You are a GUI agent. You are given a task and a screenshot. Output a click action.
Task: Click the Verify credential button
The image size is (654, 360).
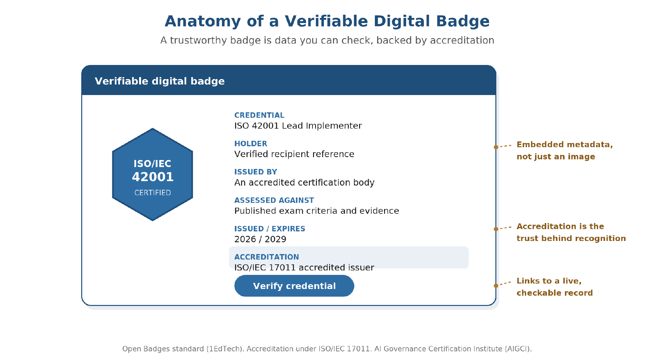pyautogui.click(x=294, y=286)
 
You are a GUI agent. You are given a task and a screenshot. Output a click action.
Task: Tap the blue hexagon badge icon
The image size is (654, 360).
pyautogui.click(x=153, y=174)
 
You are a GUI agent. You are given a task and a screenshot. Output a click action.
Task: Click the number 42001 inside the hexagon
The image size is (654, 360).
pyautogui.click(x=153, y=177)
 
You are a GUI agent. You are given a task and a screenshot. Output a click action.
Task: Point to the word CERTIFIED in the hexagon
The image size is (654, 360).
pyautogui.click(x=153, y=193)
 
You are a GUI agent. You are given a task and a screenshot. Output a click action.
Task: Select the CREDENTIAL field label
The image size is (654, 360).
pyautogui.click(x=259, y=115)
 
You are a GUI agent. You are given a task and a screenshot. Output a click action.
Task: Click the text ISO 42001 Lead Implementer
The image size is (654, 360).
pyautogui.click(x=298, y=126)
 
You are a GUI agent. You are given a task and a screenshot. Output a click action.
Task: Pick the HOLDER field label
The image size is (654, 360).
pyautogui.click(x=251, y=144)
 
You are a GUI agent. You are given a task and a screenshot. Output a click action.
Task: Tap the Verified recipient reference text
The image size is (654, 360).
pyautogui.click(x=294, y=154)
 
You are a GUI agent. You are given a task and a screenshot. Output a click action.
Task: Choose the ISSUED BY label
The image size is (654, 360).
pyautogui.click(x=256, y=172)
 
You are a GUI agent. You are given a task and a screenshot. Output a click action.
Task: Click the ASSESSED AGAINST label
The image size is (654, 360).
pyautogui.click(x=274, y=200)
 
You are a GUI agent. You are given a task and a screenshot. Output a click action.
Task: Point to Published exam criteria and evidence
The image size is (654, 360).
pyautogui.click(x=317, y=211)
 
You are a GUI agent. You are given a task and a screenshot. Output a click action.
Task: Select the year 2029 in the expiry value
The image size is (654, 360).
pyautogui.click(x=275, y=239)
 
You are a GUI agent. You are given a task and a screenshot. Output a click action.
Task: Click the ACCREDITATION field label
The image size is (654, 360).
pyautogui.click(x=267, y=257)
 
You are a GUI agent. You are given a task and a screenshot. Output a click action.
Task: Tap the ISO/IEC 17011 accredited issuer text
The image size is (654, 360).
pyautogui.click(x=304, y=268)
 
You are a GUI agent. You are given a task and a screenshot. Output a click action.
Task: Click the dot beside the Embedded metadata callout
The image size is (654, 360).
pyautogui.click(x=496, y=147)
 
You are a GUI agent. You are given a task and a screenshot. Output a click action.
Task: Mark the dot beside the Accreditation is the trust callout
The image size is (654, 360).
pyautogui.click(x=496, y=229)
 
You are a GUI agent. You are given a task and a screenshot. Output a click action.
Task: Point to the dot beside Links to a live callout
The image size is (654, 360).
pyautogui.click(x=496, y=286)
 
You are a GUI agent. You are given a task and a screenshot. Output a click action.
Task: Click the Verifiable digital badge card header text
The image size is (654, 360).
pyautogui.click(x=160, y=81)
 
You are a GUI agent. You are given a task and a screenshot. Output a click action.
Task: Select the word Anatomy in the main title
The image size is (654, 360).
pyautogui.click(x=203, y=21)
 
